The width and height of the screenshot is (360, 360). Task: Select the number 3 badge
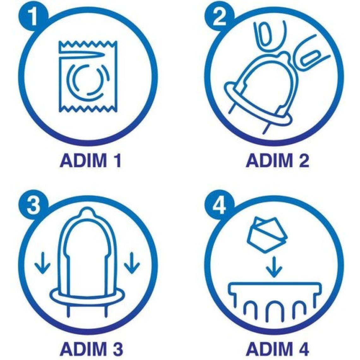click(33, 204)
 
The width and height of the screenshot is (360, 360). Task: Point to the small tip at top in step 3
click(87, 210)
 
